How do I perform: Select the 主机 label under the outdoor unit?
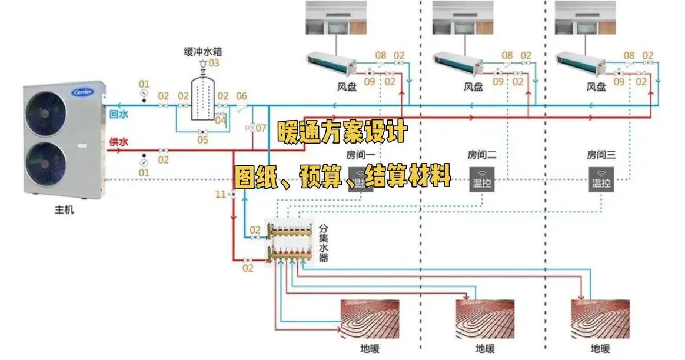coord(65,209)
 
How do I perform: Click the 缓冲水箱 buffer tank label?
coord(203,51)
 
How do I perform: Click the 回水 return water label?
coord(119,115)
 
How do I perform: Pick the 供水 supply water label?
coord(119,142)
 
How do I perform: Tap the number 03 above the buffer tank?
coord(213,63)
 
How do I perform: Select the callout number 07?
coord(261,127)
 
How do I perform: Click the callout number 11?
coord(220,194)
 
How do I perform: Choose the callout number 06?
coord(241,96)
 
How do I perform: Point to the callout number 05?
coord(202,140)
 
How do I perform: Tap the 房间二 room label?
coord(482,155)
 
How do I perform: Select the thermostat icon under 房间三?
coord(601,178)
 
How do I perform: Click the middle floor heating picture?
coord(486,318)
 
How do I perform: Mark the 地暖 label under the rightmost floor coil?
coord(601,348)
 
